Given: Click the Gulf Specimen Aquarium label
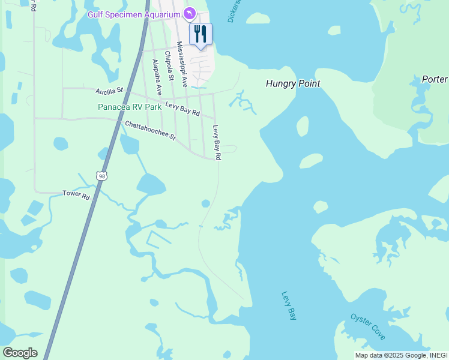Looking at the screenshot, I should (134, 14).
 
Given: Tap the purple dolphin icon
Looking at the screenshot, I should (190, 13).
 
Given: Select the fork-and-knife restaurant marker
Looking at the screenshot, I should (200, 34).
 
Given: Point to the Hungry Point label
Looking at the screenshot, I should (293, 83).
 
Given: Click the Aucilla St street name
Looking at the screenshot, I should (109, 91).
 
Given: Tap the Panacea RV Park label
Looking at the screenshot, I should (130, 107).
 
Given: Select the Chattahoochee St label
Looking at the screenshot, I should (150, 131).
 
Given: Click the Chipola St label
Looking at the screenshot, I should (170, 69).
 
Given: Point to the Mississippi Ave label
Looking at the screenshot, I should (182, 64).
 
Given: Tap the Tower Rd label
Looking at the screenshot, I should (76, 195).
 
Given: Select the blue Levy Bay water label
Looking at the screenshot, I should (289, 306).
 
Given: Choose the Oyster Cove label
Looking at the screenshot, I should (368, 326).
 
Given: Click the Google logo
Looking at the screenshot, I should (20, 352).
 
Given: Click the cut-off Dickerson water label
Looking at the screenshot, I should (235, 11).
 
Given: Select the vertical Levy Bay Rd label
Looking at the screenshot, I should (217, 143).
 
